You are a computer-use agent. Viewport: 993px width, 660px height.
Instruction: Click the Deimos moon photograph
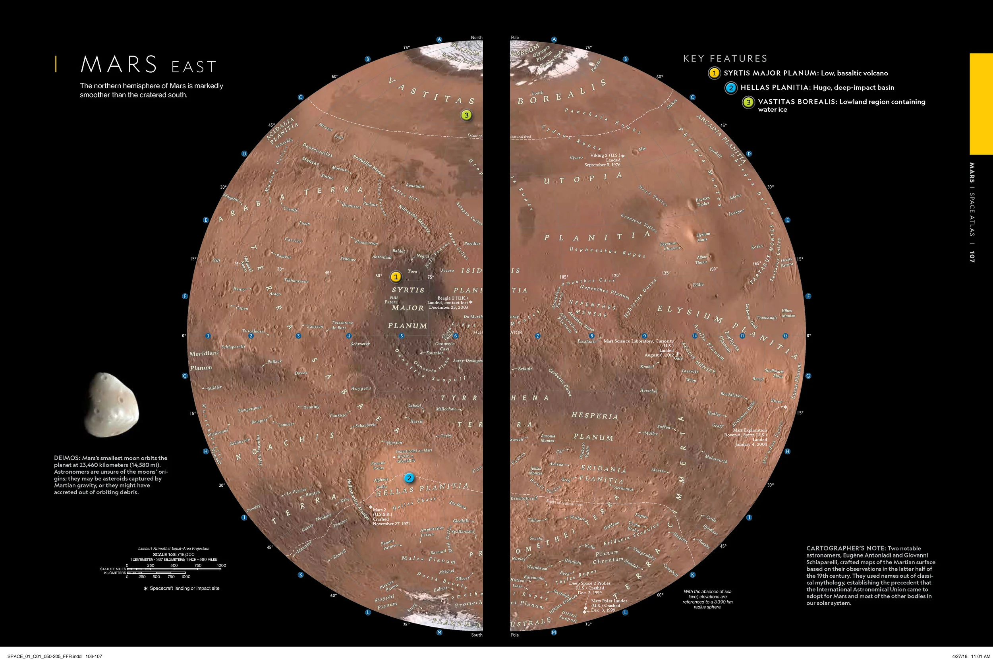click(112, 405)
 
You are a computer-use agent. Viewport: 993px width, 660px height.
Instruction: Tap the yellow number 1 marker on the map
click(396, 277)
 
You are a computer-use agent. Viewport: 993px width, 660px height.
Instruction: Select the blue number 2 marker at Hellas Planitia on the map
click(409, 478)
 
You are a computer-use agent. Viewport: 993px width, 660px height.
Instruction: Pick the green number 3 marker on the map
click(466, 115)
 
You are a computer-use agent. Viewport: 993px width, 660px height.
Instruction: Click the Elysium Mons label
click(703, 237)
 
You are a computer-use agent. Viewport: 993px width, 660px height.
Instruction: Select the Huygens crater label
click(361, 389)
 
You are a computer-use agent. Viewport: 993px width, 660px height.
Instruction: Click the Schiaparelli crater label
click(233, 347)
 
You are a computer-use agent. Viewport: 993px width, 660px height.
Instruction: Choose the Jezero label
click(447, 270)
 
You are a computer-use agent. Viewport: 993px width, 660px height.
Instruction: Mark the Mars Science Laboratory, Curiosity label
click(638, 341)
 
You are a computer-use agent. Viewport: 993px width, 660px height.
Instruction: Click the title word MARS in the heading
click(119, 64)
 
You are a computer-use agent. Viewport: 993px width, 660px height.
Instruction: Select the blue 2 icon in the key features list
click(731, 87)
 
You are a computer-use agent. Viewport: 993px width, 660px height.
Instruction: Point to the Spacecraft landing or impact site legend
click(182, 588)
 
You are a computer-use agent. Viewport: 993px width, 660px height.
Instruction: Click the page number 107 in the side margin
click(972, 257)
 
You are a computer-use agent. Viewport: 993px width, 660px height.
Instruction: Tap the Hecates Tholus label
click(702, 201)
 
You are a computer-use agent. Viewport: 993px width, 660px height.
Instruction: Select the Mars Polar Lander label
click(609, 601)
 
